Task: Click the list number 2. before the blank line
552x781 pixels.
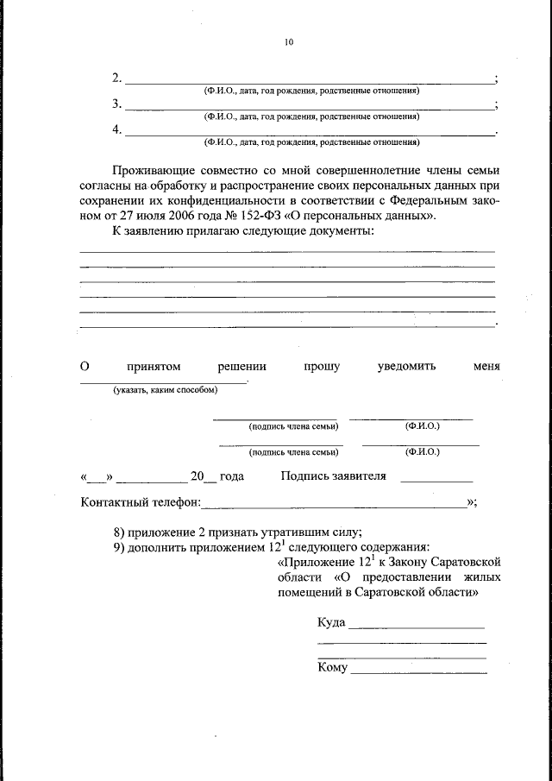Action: pos(117,79)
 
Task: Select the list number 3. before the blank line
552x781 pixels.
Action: pos(117,104)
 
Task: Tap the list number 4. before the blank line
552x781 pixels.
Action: pos(117,130)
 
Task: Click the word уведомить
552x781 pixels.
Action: pos(406,367)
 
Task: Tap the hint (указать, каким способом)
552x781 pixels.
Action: pos(164,390)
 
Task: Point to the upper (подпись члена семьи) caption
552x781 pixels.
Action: pos(292,426)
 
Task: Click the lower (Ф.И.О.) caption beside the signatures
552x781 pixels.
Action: pos(422,451)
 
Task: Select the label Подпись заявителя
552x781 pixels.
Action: pos(333,476)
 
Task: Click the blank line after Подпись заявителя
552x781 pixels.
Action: pos(436,480)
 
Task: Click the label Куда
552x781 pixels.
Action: pos(331,622)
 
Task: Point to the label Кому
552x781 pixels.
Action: pos(332,668)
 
